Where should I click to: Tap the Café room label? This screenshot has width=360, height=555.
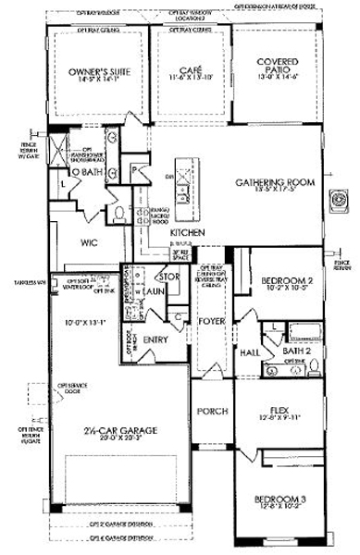(190, 69)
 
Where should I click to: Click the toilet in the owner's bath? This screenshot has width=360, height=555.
(121, 212)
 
